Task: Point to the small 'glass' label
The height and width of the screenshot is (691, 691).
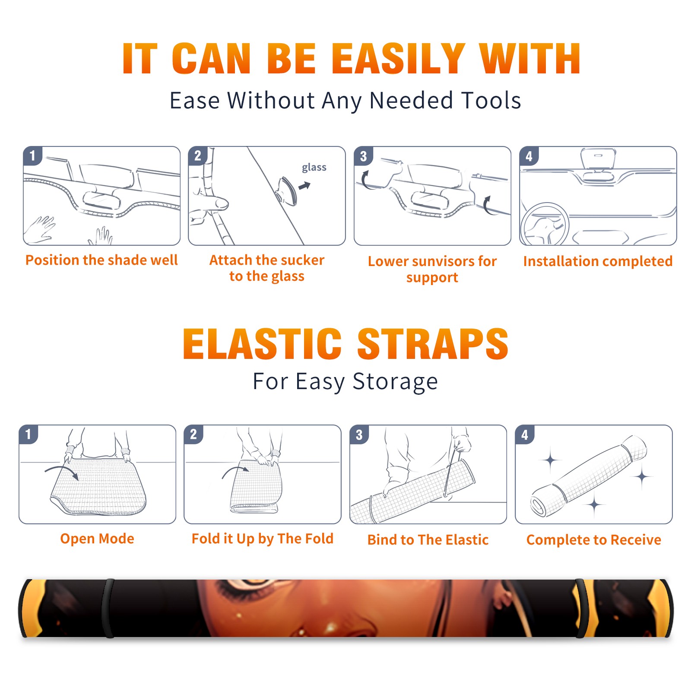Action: pos(314,168)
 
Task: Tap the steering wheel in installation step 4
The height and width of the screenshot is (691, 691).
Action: pos(544,224)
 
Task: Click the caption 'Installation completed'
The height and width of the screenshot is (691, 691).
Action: pos(598,261)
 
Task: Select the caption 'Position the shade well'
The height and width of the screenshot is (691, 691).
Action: pos(101,260)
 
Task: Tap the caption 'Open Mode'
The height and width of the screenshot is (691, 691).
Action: pos(97,539)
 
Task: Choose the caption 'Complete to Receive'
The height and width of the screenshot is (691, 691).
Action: pos(594,540)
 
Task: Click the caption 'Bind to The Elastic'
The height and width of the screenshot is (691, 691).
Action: pos(428,540)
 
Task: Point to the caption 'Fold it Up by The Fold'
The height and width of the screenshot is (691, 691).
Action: pos(263,539)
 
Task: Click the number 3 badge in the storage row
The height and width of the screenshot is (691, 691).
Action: pos(359,434)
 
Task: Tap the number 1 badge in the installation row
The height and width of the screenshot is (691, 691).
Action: pos(32,155)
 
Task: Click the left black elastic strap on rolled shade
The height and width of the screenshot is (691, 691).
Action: pos(108,609)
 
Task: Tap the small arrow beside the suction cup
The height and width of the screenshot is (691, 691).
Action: pos(305,186)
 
